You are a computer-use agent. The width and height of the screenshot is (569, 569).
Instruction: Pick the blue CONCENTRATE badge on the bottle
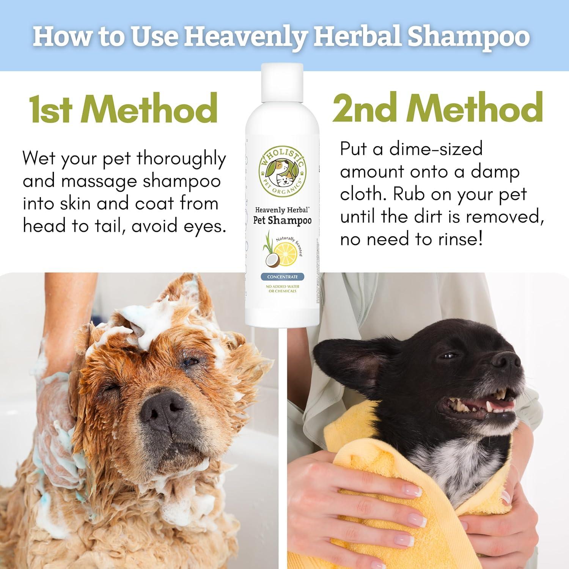283,277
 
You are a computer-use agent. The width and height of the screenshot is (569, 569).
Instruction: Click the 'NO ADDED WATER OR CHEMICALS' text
283,289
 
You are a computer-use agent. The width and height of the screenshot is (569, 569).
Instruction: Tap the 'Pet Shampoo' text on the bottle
283,221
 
